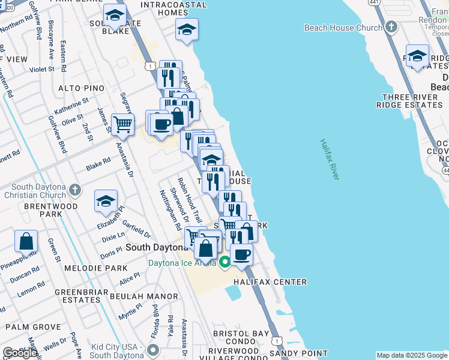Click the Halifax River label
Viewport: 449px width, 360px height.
(x=330, y=160)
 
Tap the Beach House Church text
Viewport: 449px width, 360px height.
(x=343, y=28)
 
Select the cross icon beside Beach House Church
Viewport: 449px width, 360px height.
(x=391, y=27)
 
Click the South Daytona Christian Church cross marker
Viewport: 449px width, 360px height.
(x=74, y=190)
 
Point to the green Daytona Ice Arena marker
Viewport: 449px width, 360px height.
(x=225, y=262)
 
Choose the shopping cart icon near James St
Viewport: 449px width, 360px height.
(x=122, y=124)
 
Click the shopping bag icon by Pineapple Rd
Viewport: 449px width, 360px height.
(x=26, y=241)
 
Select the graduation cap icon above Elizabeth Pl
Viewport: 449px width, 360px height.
(x=106, y=201)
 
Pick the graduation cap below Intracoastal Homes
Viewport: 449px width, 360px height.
(x=187, y=29)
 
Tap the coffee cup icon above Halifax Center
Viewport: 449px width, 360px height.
(x=241, y=254)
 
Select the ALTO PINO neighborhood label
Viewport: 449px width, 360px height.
(x=82, y=88)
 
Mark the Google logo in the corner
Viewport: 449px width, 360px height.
(x=19, y=353)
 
